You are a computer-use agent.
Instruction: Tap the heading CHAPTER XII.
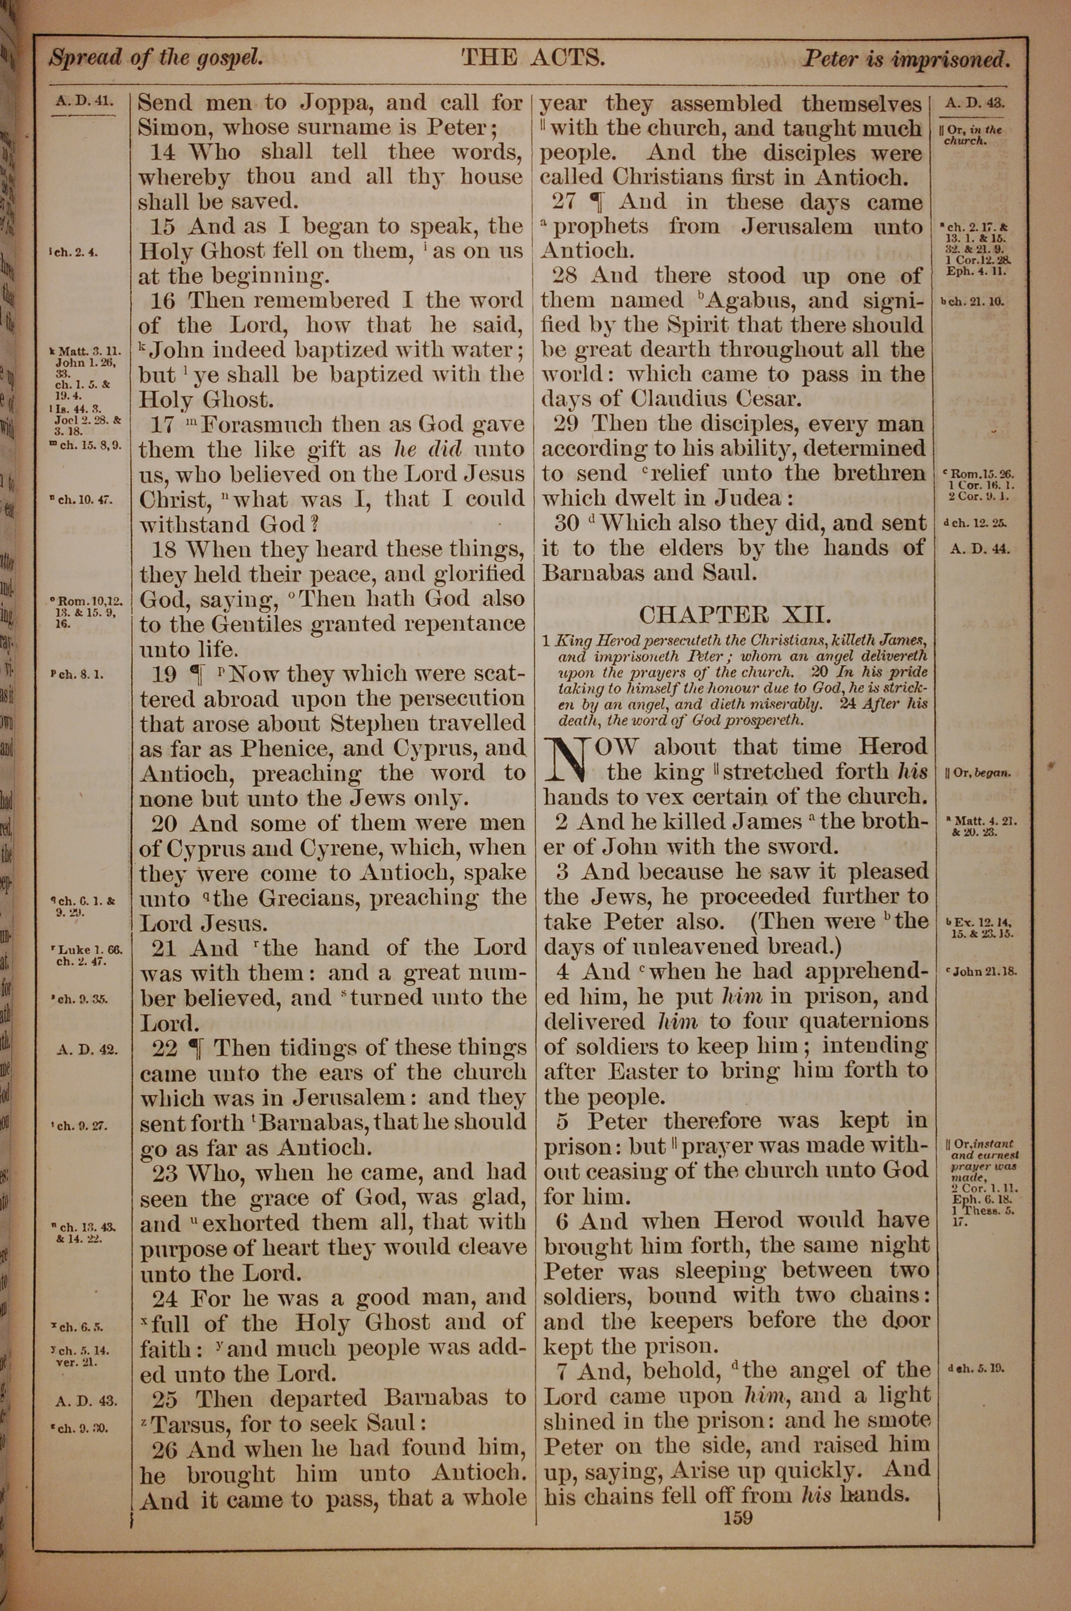click(735, 615)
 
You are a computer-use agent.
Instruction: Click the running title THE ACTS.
click(533, 58)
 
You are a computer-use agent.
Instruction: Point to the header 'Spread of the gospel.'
click(156, 58)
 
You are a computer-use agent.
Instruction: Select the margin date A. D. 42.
click(86, 1049)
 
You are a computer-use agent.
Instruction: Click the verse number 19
click(164, 675)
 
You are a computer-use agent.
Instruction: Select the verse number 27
click(565, 201)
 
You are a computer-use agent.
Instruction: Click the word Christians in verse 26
click(668, 178)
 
